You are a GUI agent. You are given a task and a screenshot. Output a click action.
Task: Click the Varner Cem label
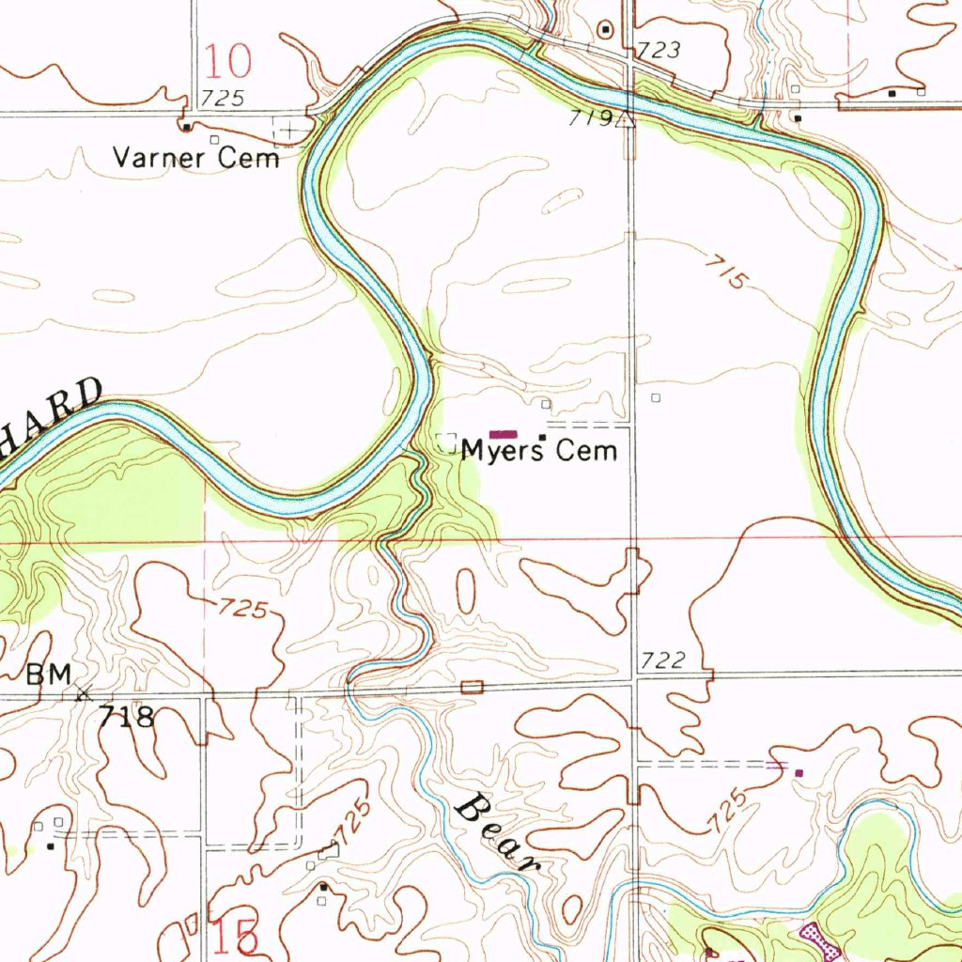tap(196, 157)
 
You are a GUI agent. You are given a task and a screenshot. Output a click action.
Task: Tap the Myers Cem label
tap(539, 451)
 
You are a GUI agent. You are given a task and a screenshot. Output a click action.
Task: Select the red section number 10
tap(228, 61)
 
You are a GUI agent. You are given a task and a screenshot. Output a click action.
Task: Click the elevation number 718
tap(127, 718)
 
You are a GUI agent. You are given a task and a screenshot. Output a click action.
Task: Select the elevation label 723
tap(659, 51)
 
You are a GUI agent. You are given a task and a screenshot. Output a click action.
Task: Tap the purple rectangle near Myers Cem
tap(504, 434)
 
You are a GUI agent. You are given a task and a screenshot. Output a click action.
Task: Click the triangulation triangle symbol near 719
tap(628, 118)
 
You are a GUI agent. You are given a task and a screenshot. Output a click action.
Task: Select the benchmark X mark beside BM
tap(83, 694)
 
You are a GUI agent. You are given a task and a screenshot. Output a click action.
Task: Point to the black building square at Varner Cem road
tap(186, 127)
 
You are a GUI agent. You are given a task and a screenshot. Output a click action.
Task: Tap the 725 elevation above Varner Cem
tap(223, 98)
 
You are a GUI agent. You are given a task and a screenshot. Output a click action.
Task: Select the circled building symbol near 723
tap(606, 30)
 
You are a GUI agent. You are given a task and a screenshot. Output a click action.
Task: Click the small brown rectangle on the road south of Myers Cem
tap(472, 688)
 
